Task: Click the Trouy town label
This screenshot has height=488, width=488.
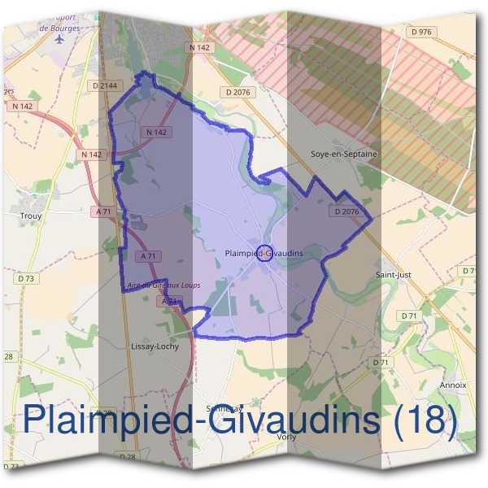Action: pos(30,216)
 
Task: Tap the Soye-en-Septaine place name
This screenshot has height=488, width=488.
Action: pos(345,153)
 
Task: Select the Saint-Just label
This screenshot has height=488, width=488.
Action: pos(393,275)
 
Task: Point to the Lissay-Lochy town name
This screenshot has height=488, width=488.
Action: pos(155,346)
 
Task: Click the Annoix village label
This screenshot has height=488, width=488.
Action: pos(451,385)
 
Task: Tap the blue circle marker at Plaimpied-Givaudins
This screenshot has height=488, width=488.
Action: pos(264,253)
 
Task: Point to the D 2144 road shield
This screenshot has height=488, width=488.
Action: pos(106,85)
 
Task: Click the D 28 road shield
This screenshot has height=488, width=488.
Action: pos(128,457)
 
